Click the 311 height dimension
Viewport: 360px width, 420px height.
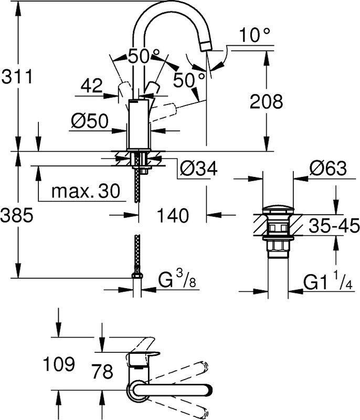[17, 76]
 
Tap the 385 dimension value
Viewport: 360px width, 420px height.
[17, 215]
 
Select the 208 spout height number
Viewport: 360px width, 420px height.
[266, 101]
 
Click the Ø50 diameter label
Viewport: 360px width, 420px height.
[90, 121]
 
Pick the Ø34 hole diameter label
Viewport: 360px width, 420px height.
[198, 169]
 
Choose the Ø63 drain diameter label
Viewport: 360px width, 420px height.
[328, 168]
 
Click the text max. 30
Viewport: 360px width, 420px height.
[86, 191]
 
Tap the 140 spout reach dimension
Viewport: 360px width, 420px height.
[173, 215]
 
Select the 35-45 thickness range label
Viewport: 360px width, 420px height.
[334, 225]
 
